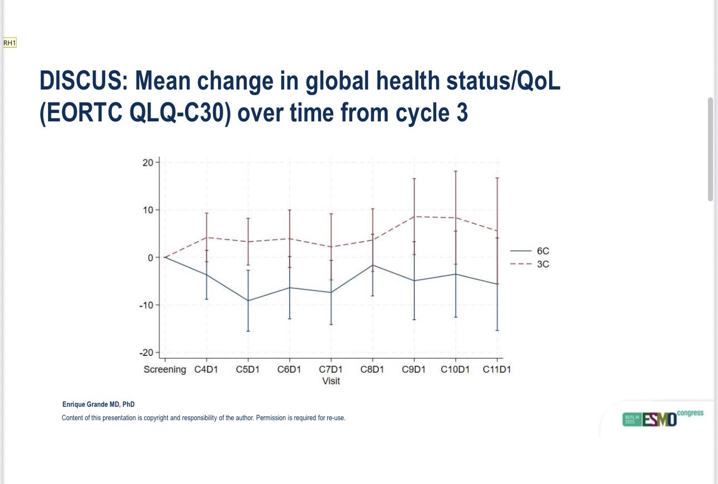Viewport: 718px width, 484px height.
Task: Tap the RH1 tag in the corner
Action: coord(10,43)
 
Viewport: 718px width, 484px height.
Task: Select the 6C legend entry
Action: coord(542,251)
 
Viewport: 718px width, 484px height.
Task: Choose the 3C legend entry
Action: coord(542,264)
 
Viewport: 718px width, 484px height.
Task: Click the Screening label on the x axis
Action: coord(164,370)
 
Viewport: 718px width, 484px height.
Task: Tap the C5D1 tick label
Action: coord(248,370)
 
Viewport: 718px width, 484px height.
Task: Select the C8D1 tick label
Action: coord(372,370)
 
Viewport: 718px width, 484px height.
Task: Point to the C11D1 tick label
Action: coord(497,370)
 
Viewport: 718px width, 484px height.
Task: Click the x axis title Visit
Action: coord(331,381)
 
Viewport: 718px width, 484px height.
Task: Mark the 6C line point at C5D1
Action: coord(248,300)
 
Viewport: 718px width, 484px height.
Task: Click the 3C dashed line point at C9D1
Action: coord(414,217)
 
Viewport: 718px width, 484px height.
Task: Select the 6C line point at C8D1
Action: coord(372,265)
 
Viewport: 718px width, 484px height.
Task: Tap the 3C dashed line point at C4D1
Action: coord(206,237)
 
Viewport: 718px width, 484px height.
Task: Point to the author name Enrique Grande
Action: coord(98,405)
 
